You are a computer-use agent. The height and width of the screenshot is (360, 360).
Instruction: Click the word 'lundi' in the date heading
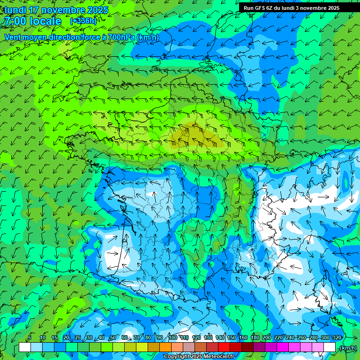(x=15, y=10)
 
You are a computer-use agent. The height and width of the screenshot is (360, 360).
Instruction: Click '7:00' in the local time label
(x=15, y=21)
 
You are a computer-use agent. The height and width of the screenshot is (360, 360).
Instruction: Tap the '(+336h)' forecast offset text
(x=83, y=21)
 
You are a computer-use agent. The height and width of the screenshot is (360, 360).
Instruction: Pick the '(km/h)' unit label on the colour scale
(x=347, y=348)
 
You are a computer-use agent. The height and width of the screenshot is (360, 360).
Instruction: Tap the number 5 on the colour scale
(x=30, y=337)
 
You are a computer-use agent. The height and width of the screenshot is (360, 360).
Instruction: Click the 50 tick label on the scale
(x=112, y=337)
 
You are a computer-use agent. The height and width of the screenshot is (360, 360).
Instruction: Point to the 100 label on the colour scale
(x=172, y=337)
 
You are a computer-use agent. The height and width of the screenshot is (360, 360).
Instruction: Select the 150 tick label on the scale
(x=232, y=337)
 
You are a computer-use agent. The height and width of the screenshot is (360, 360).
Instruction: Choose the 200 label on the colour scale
(x=267, y=337)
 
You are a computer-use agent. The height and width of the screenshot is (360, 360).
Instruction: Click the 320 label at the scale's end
(x=337, y=337)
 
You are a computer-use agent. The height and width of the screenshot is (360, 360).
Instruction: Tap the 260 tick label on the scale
(x=302, y=337)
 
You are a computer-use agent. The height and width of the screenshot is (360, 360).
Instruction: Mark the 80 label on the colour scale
(x=148, y=337)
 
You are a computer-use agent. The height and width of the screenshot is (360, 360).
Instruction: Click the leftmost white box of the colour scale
(x=25, y=347)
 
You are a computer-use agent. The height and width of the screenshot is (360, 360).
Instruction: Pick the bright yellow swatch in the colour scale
(x=142, y=347)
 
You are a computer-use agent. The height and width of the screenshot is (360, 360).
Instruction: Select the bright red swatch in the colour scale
(x=224, y=347)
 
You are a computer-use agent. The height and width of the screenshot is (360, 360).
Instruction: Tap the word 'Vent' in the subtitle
(x=13, y=37)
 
